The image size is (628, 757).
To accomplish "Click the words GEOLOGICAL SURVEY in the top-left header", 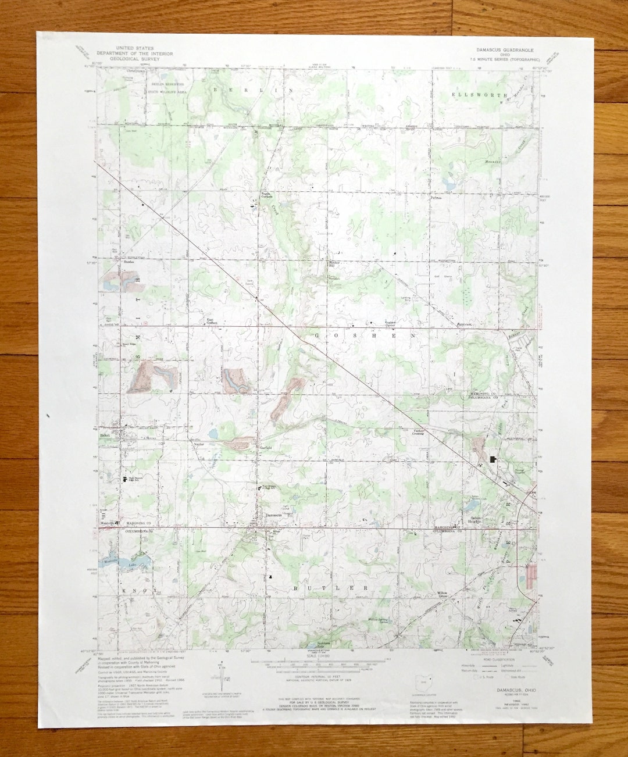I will (137, 59).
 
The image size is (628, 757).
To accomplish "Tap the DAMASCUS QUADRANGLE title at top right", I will (505, 50).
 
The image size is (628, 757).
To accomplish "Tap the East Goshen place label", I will (211, 322).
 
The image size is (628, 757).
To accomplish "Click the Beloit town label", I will (105, 435).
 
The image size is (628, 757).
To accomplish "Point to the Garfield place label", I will (265, 448).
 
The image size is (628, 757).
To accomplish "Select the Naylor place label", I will (199, 444).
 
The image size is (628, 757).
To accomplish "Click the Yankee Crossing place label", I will (422, 432).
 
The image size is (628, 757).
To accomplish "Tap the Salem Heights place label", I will (472, 519).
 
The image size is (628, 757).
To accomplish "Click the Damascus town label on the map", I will (273, 515).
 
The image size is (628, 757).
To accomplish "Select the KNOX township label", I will (140, 591).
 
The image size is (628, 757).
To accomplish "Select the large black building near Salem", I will (495, 459).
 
